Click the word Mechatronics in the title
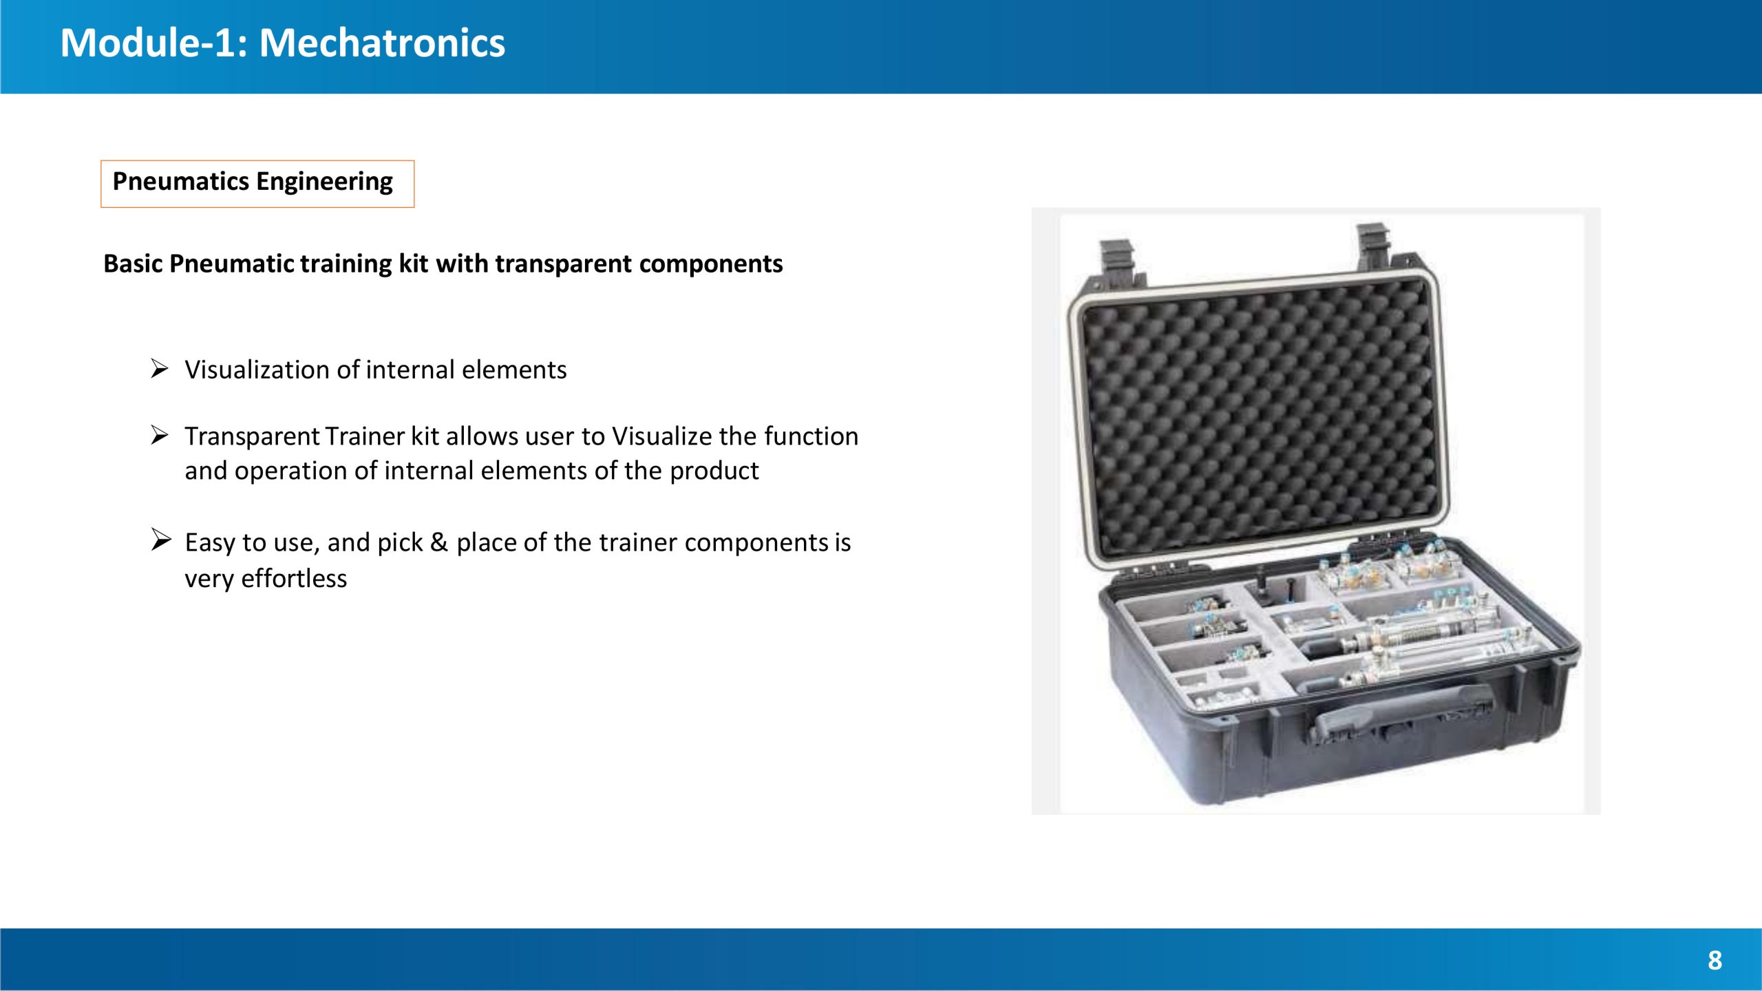click(382, 43)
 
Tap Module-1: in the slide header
click(153, 43)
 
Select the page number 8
click(1715, 960)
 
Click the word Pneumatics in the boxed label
click(180, 182)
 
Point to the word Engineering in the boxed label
click(324, 182)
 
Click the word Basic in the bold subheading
click(133, 264)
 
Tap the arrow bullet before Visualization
click(160, 369)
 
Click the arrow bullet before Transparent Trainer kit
click(160, 435)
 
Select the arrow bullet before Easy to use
click(161, 540)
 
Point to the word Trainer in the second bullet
click(365, 436)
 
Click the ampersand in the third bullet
click(438, 542)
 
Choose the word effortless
click(294, 579)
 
